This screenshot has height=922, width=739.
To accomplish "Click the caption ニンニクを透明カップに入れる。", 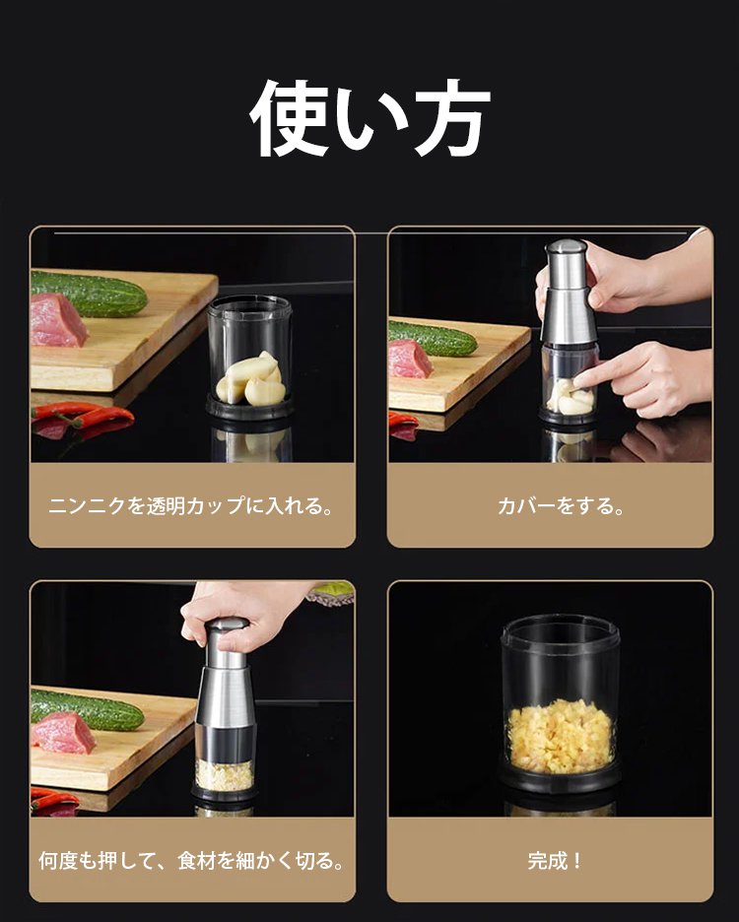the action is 192,505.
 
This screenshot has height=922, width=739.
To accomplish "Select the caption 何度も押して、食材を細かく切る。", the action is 192,861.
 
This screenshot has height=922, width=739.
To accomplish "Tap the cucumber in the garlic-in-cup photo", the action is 89,293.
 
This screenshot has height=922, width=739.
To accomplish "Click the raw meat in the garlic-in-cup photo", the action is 58,320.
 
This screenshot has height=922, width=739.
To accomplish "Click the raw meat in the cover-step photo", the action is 410,359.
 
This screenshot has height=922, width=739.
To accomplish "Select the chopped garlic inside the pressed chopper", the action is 225,775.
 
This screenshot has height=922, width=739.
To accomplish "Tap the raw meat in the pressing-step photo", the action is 63,733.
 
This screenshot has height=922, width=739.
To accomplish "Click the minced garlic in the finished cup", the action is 560,736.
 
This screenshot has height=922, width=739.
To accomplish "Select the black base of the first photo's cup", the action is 249,406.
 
